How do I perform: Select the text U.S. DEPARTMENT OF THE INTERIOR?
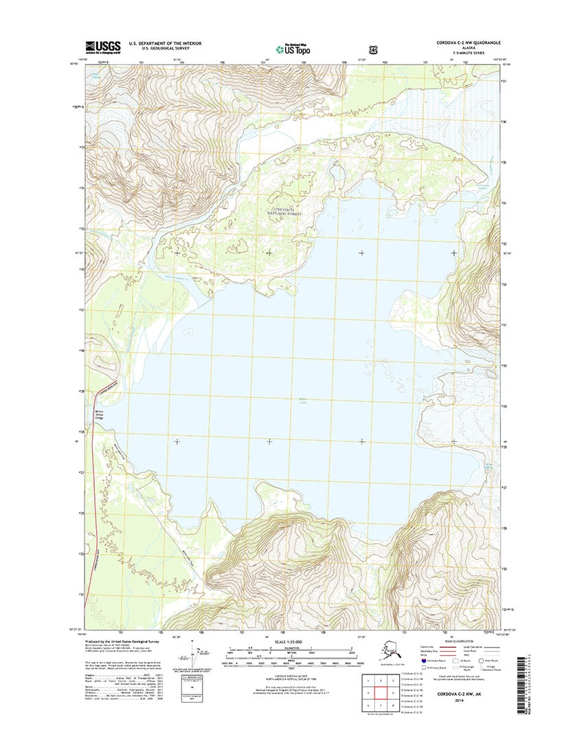click(166, 43)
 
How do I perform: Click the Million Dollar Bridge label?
click(99, 415)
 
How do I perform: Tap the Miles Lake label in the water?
click(303, 403)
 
